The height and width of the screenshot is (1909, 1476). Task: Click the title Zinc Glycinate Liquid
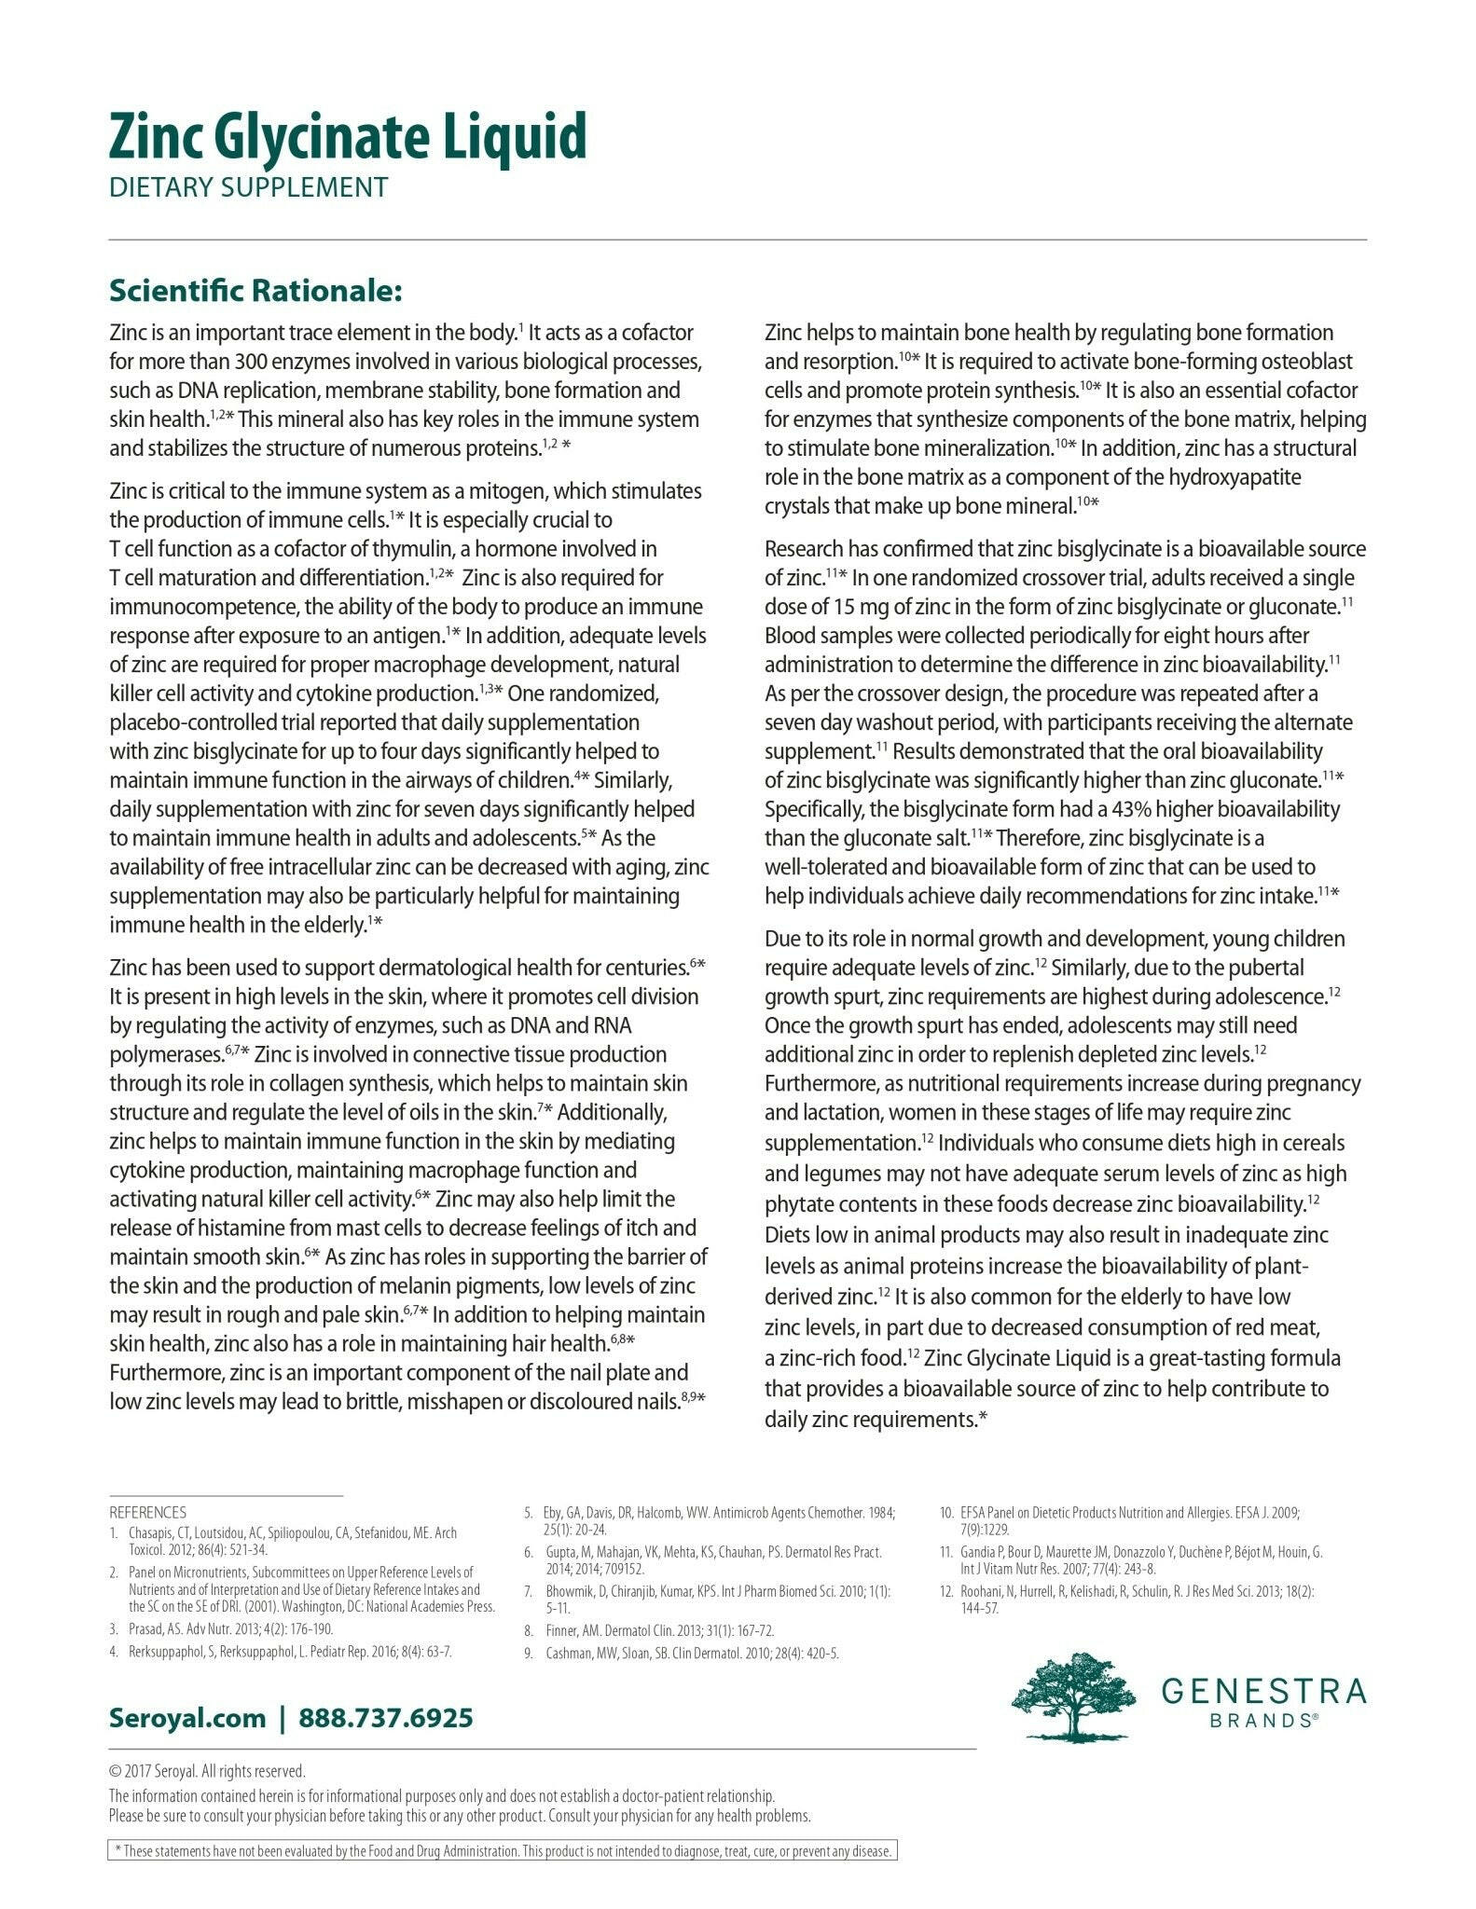tap(348, 136)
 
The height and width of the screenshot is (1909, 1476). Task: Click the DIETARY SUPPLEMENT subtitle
tap(248, 187)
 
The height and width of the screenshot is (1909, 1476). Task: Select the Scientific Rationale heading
tap(255, 291)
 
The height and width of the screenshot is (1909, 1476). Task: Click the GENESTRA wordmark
tap(1263, 1690)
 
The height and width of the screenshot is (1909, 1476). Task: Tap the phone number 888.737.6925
tap(386, 1717)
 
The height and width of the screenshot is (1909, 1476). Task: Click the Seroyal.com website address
tap(187, 1717)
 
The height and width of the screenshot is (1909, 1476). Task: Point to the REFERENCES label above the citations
tap(147, 1512)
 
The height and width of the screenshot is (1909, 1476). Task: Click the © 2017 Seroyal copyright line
tap(207, 1771)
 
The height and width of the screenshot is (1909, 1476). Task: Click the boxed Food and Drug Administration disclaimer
tap(503, 1851)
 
